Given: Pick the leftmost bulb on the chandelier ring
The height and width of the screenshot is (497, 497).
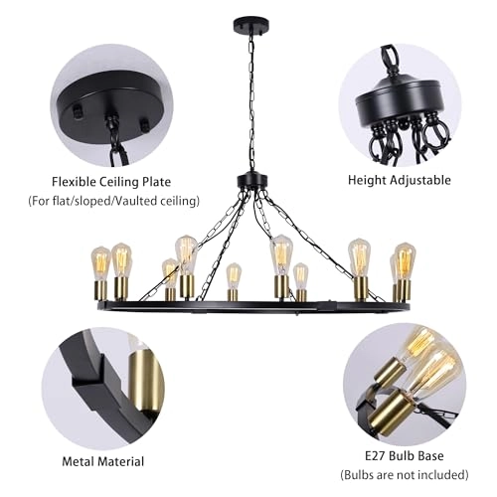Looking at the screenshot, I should (100, 263).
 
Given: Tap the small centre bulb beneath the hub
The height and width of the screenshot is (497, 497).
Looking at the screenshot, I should (234, 275).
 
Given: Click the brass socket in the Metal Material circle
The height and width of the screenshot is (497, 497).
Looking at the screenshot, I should (145, 382).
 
